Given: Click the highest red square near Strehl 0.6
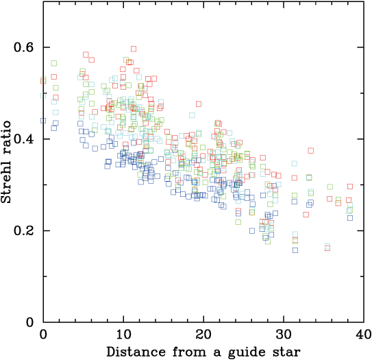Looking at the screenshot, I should [134, 49].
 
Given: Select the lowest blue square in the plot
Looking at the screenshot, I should [295, 250].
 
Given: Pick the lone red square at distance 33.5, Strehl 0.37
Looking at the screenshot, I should [310, 150].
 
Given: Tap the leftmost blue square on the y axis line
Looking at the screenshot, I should [43, 120].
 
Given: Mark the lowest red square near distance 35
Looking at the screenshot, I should [327, 247].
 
